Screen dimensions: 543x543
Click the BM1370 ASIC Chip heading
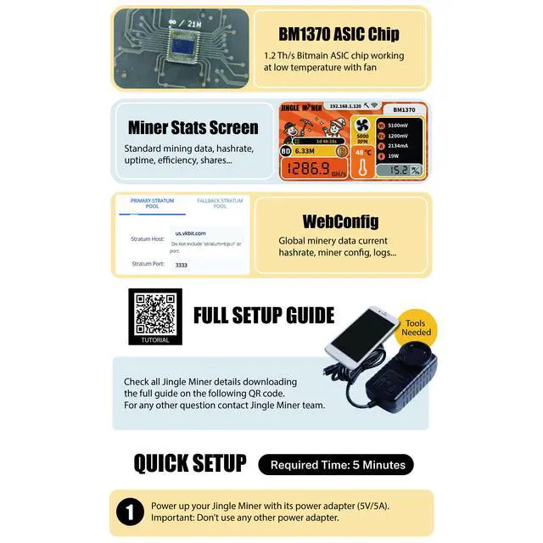click(339, 35)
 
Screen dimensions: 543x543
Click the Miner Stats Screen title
click(193, 128)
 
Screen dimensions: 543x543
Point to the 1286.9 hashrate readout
click(308, 169)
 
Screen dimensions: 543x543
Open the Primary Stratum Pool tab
click(153, 204)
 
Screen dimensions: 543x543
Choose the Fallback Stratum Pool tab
click(219, 204)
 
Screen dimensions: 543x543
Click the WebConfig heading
click(339, 222)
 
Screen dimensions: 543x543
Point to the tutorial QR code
click(154, 314)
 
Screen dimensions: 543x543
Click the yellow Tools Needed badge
click(417, 327)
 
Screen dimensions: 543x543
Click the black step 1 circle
click(129, 512)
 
